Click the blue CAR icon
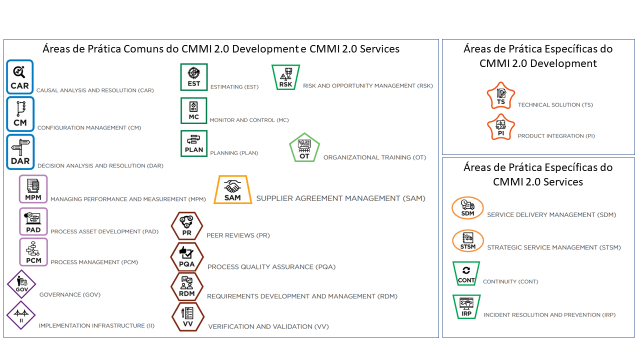20,77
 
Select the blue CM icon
20,114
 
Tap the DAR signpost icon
20,152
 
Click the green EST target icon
194,77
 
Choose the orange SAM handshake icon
232,189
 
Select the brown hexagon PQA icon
186,256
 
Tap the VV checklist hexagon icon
187,316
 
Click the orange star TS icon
500,96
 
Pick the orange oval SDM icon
467,208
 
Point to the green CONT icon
466,274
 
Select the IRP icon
466,306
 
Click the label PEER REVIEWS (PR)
238,235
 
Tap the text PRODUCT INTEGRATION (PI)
556,136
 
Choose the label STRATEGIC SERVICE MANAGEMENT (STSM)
553,247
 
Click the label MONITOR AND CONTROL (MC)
249,120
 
